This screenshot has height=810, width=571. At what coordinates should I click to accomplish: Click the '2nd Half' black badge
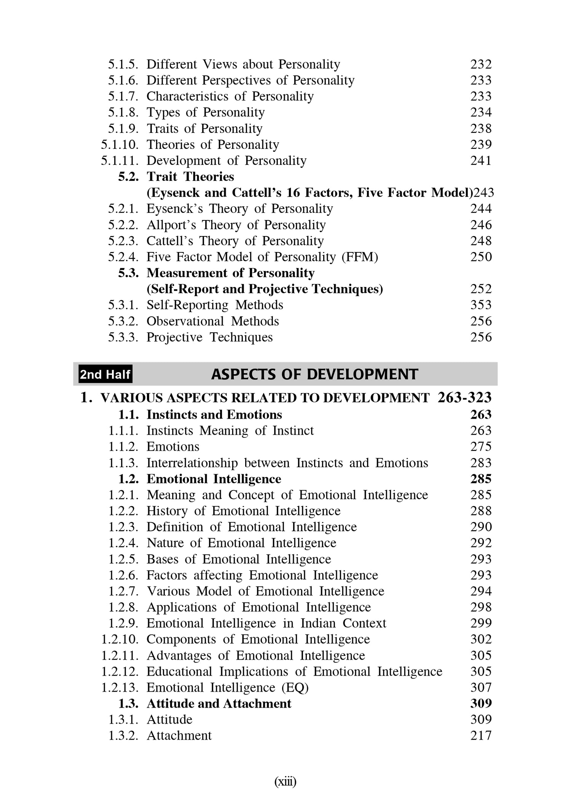point(105,375)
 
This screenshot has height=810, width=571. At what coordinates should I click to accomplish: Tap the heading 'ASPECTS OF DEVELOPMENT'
point(314,375)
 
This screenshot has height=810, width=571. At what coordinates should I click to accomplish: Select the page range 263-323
point(464,397)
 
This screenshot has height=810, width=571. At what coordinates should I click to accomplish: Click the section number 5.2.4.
point(123,257)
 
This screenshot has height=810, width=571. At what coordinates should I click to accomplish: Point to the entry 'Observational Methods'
point(212,321)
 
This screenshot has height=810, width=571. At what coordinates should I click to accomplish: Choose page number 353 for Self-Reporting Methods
point(481,305)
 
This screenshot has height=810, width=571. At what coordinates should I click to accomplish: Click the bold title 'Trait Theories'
point(190,177)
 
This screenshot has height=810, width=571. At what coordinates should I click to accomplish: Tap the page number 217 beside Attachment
point(481,735)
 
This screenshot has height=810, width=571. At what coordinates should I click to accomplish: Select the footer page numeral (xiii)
point(285,782)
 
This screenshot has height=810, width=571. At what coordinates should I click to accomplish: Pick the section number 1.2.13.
point(120,687)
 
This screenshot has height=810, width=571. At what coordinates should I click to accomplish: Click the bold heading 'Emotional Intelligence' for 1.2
point(214,479)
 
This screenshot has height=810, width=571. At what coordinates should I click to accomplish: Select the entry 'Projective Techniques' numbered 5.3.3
point(209,337)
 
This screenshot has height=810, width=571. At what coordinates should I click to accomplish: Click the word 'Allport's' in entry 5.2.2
point(171,225)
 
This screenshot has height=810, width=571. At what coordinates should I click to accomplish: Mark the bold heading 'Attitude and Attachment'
point(219,703)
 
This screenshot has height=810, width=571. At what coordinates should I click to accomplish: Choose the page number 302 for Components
point(481,639)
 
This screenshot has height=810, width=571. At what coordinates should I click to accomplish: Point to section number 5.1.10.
point(120,145)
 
